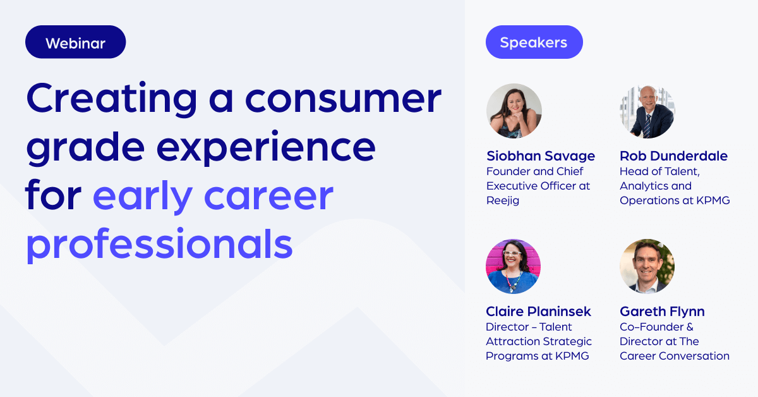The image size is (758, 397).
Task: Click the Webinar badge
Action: (x=75, y=43)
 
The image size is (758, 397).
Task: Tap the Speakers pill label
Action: (x=534, y=42)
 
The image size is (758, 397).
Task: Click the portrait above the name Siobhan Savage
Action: (x=514, y=111)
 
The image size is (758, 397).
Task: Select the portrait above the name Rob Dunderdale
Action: (x=647, y=111)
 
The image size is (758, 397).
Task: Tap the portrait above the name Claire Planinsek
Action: (x=514, y=266)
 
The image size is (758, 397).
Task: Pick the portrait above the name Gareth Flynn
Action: (x=647, y=266)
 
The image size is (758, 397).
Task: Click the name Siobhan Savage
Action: (x=541, y=156)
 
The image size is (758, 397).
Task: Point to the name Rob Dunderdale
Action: (x=673, y=156)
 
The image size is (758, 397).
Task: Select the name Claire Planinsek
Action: (x=538, y=312)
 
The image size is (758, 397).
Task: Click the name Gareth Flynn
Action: (x=662, y=312)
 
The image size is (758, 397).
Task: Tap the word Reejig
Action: (x=503, y=200)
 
